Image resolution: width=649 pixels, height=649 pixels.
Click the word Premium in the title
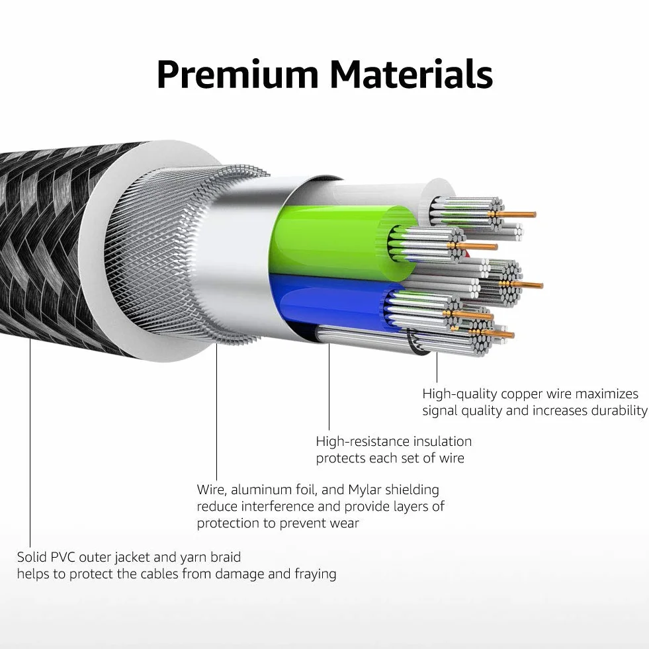click(x=238, y=75)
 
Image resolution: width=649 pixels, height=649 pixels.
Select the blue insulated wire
click(x=331, y=302)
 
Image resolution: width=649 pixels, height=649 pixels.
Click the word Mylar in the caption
click(x=365, y=490)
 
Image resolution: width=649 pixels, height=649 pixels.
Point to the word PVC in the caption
click(x=63, y=557)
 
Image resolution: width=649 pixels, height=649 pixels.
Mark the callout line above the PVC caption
click(x=30, y=443)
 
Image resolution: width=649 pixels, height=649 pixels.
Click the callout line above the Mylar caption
click(x=216, y=412)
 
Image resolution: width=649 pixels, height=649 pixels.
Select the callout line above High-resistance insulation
click(x=329, y=387)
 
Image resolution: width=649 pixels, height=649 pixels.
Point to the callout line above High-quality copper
click(x=437, y=367)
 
